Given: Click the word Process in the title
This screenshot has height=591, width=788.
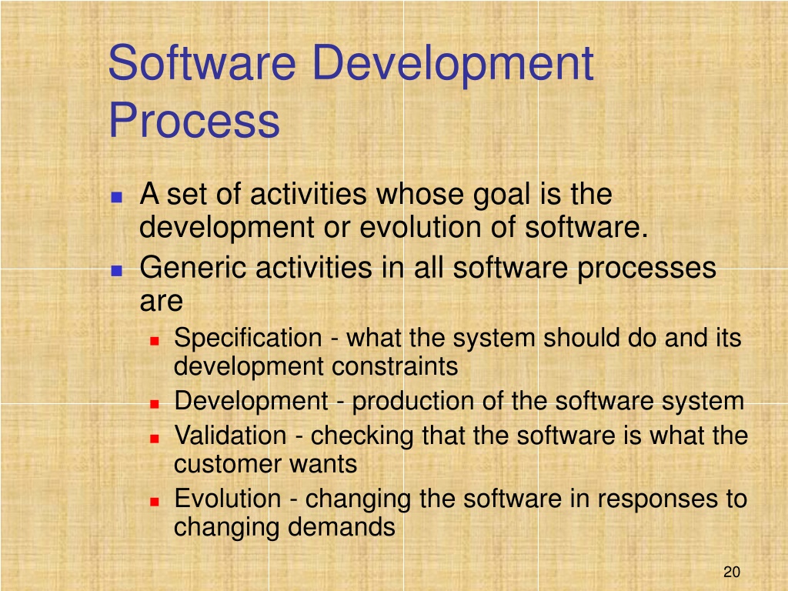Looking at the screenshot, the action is pyautogui.click(x=194, y=121).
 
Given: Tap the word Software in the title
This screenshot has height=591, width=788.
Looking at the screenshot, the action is pyautogui.click(x=202, y=63).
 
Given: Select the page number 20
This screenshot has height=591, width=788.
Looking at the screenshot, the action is pyautogui.click(x=732, y=572).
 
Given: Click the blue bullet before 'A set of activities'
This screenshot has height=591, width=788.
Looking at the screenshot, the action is pyautogui.click(x=117, y=196).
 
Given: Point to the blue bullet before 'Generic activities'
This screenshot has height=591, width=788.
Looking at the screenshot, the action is pyautogui.click(x=117, y=271).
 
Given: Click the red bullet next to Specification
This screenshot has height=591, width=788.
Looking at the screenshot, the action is pyautogui.click(x=154, y=341).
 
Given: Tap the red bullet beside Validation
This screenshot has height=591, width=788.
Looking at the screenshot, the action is pyautogui.click(x=154, y=439).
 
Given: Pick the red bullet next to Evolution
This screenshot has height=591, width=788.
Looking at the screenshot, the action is pyautogui.click(x=154, y=502).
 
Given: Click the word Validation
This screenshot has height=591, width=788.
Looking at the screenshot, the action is pyautogui.click(x=230, y=436).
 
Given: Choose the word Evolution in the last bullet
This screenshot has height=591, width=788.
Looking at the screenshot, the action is pyautogui.click(x=228, y=499).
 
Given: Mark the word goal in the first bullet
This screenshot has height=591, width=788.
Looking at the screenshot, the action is pyautogui.click(x=502, y=196).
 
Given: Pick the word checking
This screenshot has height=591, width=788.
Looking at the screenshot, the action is pyautogui.click(x=362, y=436).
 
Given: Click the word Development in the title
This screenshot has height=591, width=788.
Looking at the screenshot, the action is pyautogui.click(x=452, y=65).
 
